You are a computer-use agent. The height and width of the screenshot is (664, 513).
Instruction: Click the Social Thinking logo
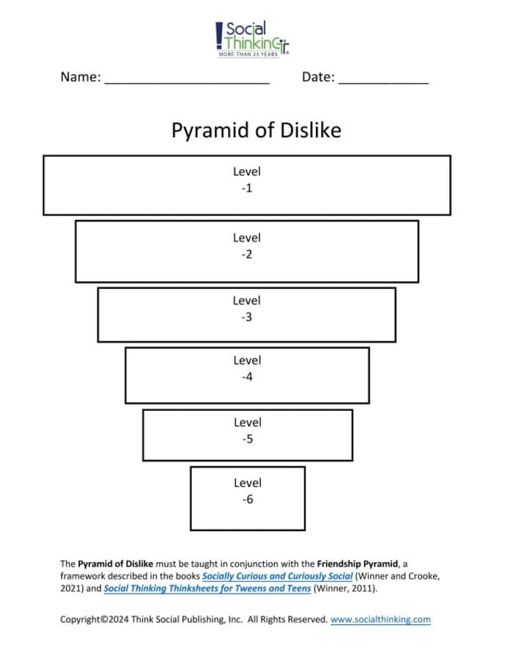pos(252,39)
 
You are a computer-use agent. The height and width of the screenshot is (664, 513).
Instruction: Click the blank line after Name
pos(187,84)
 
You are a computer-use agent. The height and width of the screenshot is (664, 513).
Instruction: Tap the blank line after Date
pos(383,84)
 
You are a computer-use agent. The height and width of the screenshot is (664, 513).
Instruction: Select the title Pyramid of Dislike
pos(256,131)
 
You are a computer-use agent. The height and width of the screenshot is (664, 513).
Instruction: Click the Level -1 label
pos(247,180)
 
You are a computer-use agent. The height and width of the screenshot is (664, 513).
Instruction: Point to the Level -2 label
pos(247,246)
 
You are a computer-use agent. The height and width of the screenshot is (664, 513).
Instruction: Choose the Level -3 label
pos(246,308)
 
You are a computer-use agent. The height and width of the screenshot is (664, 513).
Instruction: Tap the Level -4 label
pos(248,368)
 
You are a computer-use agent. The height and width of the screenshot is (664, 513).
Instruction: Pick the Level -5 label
pos(248,430)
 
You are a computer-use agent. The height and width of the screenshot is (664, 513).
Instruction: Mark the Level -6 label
pos(248,491)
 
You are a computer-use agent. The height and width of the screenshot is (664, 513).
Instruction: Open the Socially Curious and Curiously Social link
pos(278,577)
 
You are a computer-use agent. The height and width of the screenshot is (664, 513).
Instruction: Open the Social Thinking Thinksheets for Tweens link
pos(207,588)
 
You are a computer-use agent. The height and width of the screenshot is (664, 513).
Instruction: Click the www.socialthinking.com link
pos(380,619)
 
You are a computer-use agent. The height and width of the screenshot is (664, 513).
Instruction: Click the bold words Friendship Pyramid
pos(358,564)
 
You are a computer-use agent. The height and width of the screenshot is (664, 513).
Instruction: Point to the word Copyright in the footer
pos(81,619)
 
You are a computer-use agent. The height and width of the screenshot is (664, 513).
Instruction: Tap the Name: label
pos(81,76)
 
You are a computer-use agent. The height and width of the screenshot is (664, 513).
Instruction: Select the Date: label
pos(318,76)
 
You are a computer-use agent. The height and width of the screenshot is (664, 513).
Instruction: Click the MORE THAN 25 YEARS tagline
pos(248,54)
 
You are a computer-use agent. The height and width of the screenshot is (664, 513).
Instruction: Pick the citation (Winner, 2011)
pos(345,588)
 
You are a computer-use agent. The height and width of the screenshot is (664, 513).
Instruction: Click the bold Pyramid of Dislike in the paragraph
pos(116,564)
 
